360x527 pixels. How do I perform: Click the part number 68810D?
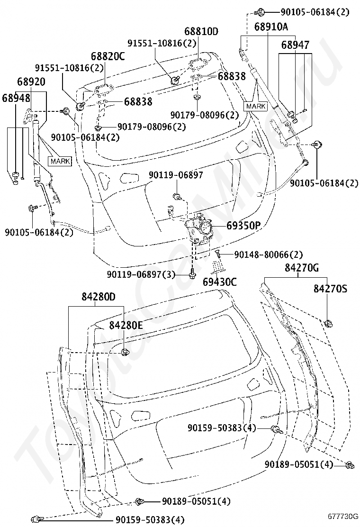[201, 31]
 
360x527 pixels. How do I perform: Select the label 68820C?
[108, 56]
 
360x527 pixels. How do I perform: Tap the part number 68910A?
[270, 27]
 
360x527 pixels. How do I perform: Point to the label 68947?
[295, 45]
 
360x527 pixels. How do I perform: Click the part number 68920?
[31, 82]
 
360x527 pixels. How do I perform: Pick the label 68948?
[16, 98]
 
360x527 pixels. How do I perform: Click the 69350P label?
[243, 225]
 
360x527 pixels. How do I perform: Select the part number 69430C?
[219, 282]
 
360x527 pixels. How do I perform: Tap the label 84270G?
[302, 268]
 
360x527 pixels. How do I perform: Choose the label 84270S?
[331, 288]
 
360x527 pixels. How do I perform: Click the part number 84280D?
[99, 297]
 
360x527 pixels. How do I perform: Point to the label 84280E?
[126, 325]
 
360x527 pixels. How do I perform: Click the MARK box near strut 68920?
[61, 161]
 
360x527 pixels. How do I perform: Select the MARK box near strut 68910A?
[256, 106]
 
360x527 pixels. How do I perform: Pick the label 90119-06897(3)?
[141, 274]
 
